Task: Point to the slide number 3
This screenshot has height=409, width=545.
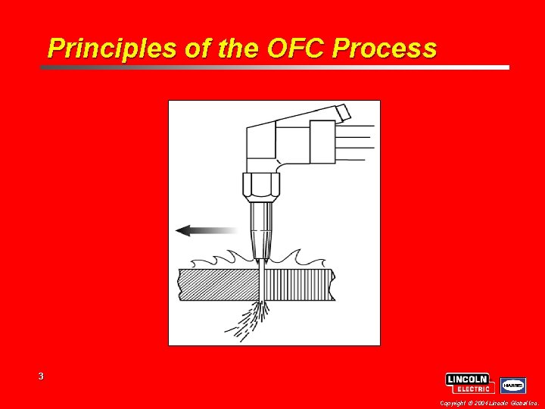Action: coord(41,376)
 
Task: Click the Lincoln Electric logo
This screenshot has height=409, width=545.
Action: coord(470,383)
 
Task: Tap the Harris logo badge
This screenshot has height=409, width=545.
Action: coord(513,385)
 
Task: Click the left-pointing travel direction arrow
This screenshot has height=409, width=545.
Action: coord(205,229)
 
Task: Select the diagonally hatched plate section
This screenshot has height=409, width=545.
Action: coord(215,283)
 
